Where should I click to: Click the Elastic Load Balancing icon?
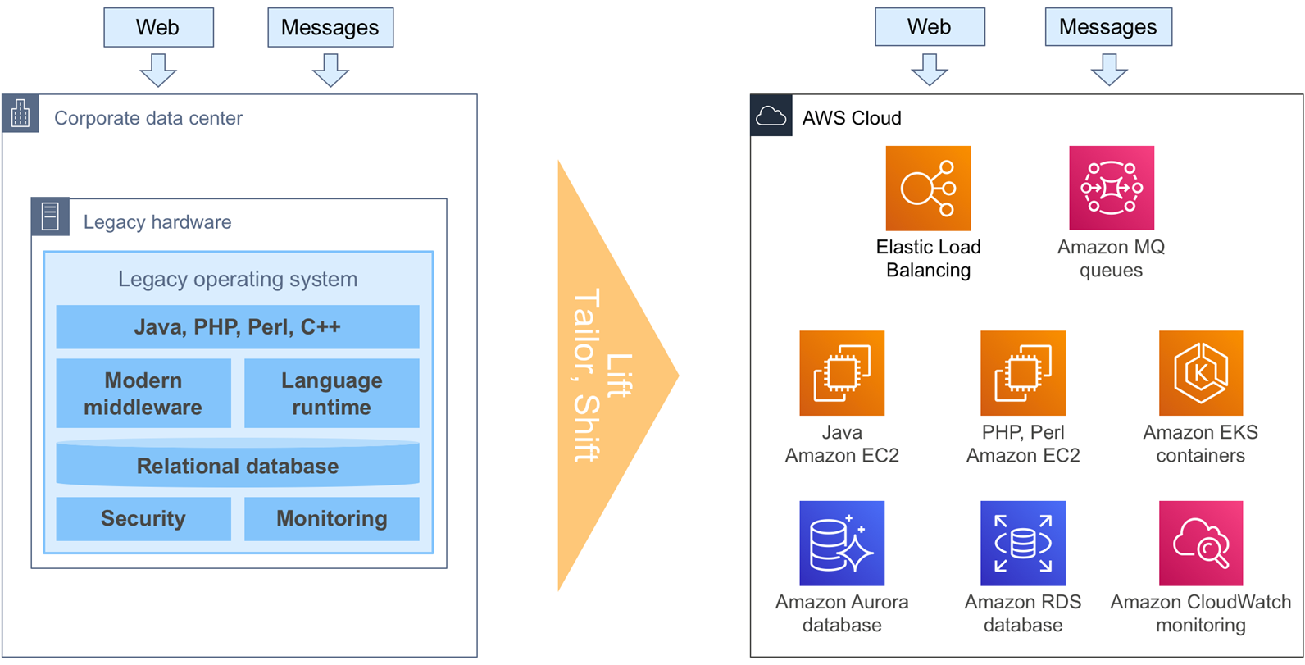click(x=928, y=188)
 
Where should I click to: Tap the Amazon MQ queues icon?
click(x=1111, y=188)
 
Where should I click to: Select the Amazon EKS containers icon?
click(x=1200, y=373)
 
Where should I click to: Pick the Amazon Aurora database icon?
click(x=842, y=543)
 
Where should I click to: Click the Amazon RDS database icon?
click(x=1022, y=543)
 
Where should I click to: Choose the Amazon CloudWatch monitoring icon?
click(x=1200, y=543)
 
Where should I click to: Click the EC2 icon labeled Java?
click(x=842, y=373)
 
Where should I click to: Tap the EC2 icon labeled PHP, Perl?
click(x=1022, y=373)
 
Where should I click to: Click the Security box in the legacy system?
click(x=143, y=518)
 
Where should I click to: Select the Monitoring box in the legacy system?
click(x=331, y=518)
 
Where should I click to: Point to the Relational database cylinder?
click(x=238, y=465)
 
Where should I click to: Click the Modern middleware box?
click(x=143, y=393)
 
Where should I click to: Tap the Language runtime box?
click(x=331, y=393)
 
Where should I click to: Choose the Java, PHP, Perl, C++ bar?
click(x=238, y=327)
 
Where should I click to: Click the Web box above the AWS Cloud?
click(x=930, y=27)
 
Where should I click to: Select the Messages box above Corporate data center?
click(x=330, y=28)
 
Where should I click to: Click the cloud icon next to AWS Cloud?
click(x=771, y=116)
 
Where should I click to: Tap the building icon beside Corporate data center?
click(x=20, y=114)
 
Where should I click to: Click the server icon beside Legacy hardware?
click(x=50, y=217)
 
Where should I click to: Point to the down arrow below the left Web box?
click(x=158, y=70)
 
